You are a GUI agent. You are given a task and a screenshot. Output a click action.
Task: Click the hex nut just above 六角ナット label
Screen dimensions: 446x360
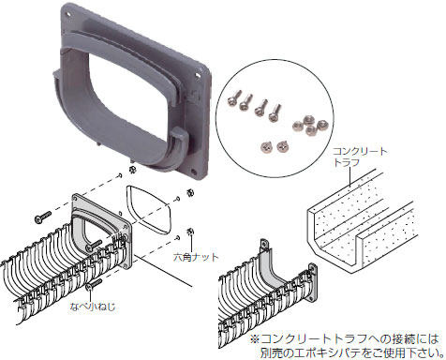coord(190,232)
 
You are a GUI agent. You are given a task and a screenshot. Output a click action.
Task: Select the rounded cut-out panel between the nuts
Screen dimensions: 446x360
coord(150,210)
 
